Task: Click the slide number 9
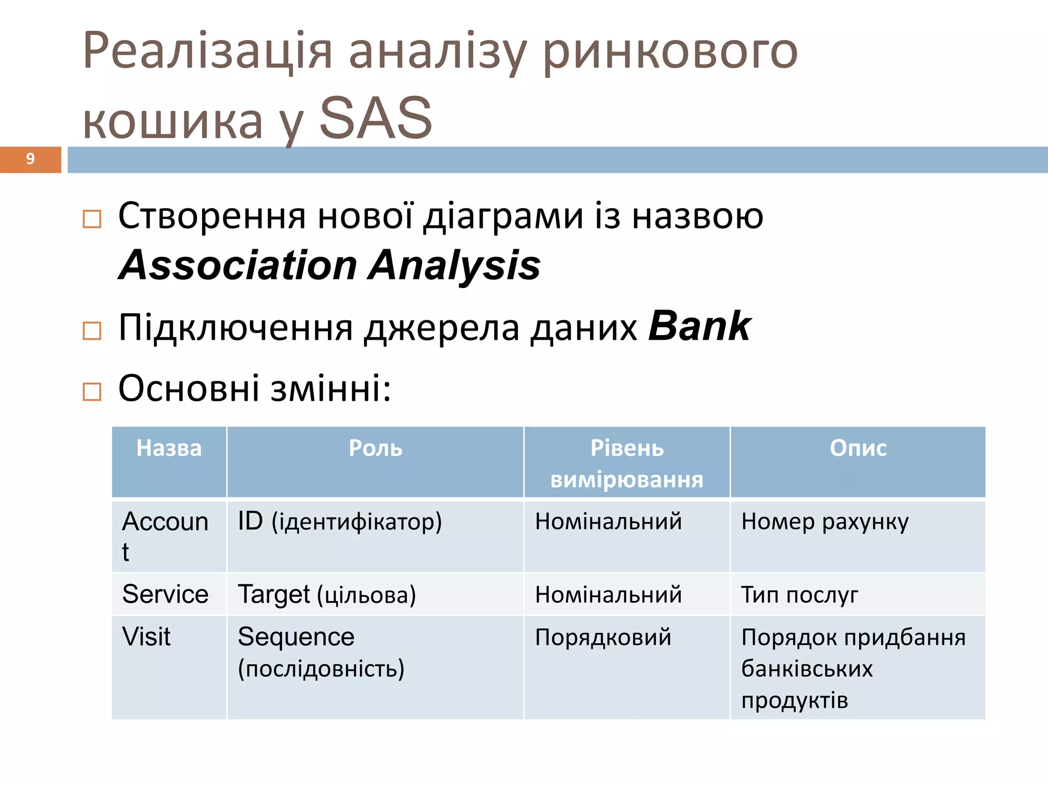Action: (30, 159)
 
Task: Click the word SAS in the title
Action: (376, 119)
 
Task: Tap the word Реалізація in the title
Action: (207, 51)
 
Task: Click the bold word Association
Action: (238, 266)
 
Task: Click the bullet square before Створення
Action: (92, 220)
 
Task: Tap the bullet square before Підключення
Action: (92, 331)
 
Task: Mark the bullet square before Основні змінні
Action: (92, 392)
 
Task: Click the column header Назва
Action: (169, 449)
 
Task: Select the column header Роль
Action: (375, 449)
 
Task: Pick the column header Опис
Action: (858, 449)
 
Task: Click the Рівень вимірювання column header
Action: (627, 464)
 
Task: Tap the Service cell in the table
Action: (165, 595)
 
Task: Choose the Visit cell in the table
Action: (146, 637)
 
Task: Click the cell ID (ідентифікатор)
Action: (340, 522)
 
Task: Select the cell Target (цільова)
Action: (327, 595)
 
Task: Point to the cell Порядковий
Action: (603, 638)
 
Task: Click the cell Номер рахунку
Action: (825, 522)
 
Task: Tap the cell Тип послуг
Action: (799, 595)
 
